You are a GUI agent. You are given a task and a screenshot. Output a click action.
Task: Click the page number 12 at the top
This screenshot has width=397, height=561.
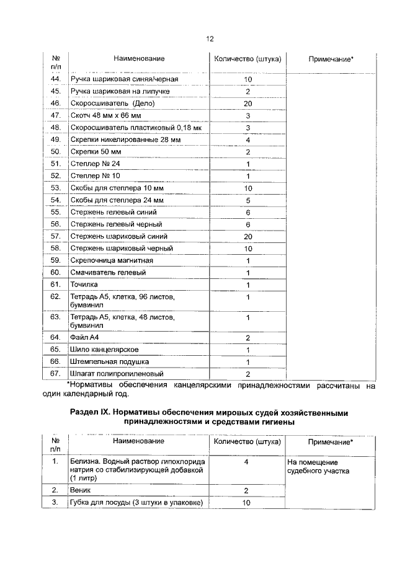(210, 38)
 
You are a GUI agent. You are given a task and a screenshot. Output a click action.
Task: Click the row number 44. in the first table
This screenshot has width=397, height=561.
(55, 79)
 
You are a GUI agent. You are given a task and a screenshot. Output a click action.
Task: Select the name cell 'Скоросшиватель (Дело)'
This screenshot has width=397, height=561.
(104, 103)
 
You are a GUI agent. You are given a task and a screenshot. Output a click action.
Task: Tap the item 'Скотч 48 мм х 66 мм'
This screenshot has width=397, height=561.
(105, 115)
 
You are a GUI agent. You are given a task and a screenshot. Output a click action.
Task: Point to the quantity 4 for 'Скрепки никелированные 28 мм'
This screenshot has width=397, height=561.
(248, 139)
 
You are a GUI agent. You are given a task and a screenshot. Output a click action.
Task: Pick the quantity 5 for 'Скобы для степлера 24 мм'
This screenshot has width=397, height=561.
(248, 200)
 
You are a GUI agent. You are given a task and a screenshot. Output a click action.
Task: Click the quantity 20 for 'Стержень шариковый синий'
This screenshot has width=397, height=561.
(248, 236)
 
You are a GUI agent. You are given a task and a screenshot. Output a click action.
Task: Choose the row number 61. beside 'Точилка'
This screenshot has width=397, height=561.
(55, 285)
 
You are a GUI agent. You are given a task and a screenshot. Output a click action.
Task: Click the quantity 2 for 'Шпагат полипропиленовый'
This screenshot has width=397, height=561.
(248, 374)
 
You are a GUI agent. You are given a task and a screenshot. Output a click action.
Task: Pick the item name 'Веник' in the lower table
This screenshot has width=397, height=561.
(81, 490)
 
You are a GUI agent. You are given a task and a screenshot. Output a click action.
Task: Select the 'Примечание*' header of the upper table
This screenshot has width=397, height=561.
(331, 59)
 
